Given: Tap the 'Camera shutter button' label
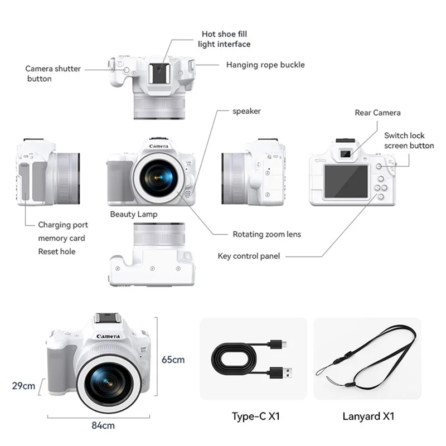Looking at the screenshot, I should tap(53, 74).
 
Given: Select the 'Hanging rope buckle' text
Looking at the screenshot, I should tap(265, 65).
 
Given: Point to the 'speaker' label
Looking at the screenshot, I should tap(246, 111).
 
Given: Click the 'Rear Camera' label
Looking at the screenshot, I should tap(377, 113).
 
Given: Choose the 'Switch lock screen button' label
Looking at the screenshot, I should tap(409, 140).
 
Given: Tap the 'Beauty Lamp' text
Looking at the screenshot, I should tap(133, 214).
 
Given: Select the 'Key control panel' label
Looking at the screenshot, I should tap(249, 256).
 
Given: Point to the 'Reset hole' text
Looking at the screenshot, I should tap(56, 251).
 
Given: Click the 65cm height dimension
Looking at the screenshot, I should tap(173, 360).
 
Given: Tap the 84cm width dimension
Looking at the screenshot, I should tap(103, 425).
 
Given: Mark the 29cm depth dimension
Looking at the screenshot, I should tap(24, 385).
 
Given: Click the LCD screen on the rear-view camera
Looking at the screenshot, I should tap(346, 182).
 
